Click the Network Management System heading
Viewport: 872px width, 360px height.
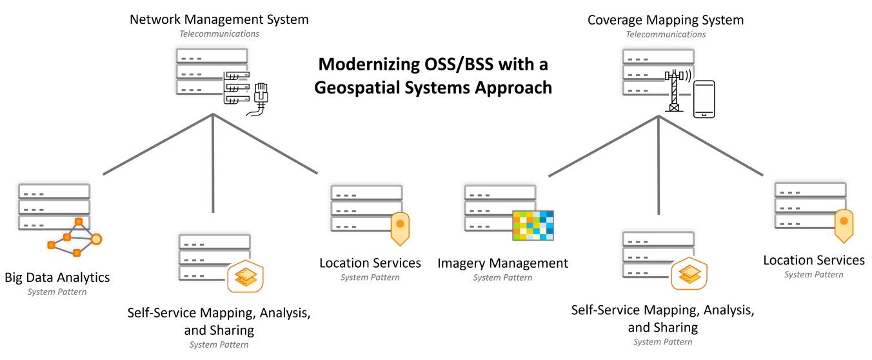(x=219, y=19)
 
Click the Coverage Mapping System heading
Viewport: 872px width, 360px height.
(x=665, y=20)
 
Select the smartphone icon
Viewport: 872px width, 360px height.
(x=704, y=99)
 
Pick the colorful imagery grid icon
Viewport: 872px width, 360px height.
(x=533, y=225)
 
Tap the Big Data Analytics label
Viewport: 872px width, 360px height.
(x=57, y=277)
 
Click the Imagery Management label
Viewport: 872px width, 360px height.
(x=502, y=263)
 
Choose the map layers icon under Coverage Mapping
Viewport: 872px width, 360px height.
(x=689, y=274)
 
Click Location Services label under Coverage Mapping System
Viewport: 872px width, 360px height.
(x=813, y=260)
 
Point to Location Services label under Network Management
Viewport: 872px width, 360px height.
(x=370, y=263)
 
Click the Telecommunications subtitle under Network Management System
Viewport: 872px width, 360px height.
(x=219, y=34)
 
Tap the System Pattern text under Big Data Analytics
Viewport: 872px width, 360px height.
(x=57, y=292)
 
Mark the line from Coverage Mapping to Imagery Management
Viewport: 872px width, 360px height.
(x=603, y=146)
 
